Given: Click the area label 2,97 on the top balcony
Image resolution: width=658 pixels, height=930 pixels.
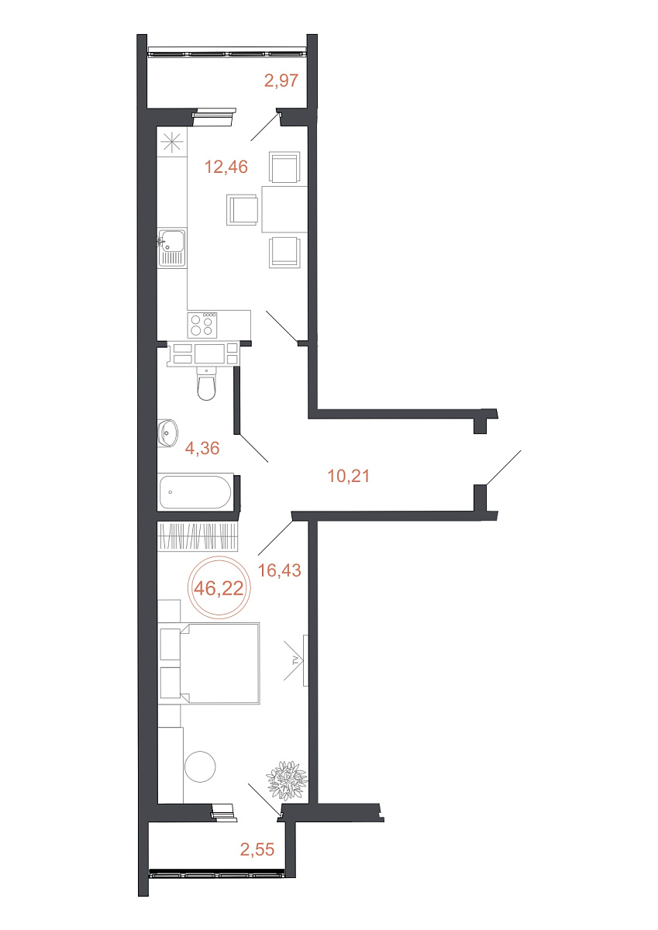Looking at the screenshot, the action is pyautogui.click(x=281, y=80).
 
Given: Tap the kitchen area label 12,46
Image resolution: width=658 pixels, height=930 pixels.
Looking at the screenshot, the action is pyautogui.click(x=226, y=167).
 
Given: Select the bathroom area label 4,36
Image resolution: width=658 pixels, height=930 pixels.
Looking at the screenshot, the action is pyautogui.click(x=202, y=448).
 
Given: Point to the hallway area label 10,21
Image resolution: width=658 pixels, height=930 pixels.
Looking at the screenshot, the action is pyautogui.click(x=348, y=475).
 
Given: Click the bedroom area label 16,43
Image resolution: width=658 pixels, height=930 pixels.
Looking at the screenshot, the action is pyautogui.click(x=279, y=570).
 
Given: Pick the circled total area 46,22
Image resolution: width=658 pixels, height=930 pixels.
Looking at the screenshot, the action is pyautogui.click(x=219, y=587).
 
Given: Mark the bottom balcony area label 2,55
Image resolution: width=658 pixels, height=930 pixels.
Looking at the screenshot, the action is pyautogui.click(x=257, y=849).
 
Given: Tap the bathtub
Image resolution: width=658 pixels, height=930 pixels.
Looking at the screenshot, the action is pyautogui.click(x=195, y=491).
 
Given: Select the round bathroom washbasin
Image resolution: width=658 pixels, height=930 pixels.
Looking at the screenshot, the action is pyautogui.click(x=168, y=432).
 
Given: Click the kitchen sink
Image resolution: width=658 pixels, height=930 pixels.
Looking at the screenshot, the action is pyautogui.click(x=171, y=248).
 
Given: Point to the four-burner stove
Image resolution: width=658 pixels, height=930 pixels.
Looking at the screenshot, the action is pyautogui.click(x=202, y=324).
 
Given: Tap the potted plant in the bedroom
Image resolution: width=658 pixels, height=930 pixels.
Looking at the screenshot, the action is pyautogui.click(x=288, y=780).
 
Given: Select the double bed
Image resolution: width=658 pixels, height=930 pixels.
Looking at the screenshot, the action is pyautogui.click(x=210, y=663).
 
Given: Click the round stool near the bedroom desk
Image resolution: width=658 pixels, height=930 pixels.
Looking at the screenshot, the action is pyautogui.click(x=200, y=766).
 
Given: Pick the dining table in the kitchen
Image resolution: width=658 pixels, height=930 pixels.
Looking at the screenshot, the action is pyautogui.click(x=284, y=209).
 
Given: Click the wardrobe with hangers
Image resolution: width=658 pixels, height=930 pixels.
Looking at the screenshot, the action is pyautogui.click(x=198, y=536).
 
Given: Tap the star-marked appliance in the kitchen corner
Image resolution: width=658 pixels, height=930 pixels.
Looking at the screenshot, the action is pyautogui.click(x=172, y=142).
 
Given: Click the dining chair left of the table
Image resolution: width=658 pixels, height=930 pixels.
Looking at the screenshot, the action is pyautogui.click(x=242, y=210).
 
